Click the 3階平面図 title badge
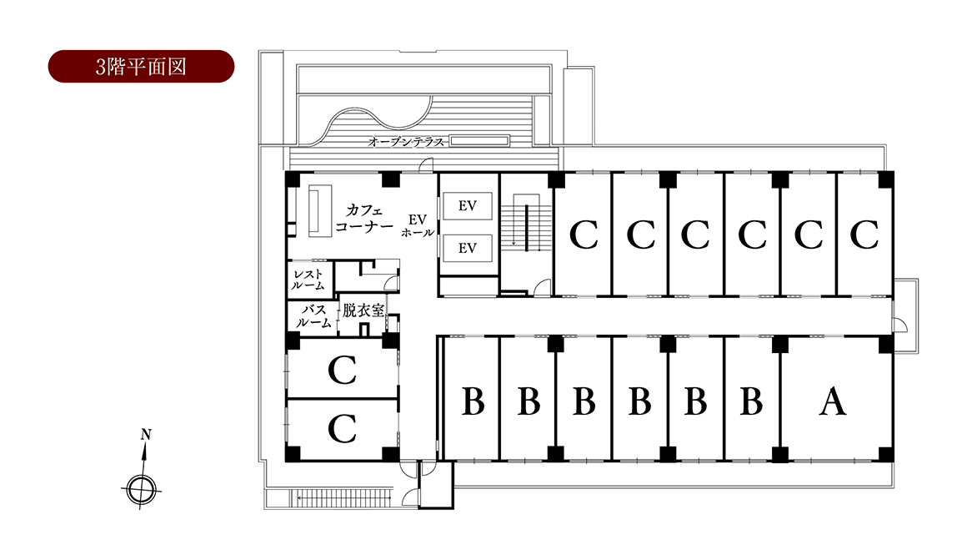[141, 67]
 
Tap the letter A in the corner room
[833, 401]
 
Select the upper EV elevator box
[468, 205]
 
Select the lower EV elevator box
[468, 248]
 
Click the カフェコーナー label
[363, 219]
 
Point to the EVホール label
[418, 225]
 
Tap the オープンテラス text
[406, 142]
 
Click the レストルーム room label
[308, 280]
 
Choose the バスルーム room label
[313, 316]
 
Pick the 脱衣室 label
[363, 310]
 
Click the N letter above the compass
[146, 435]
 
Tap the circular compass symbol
[141, 490]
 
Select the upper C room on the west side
[343, 370]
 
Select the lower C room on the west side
[343, 428]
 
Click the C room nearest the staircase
[584, 235]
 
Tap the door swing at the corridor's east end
[899, 324]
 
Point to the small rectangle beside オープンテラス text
[480, 141]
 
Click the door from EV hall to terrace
[425, 165]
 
